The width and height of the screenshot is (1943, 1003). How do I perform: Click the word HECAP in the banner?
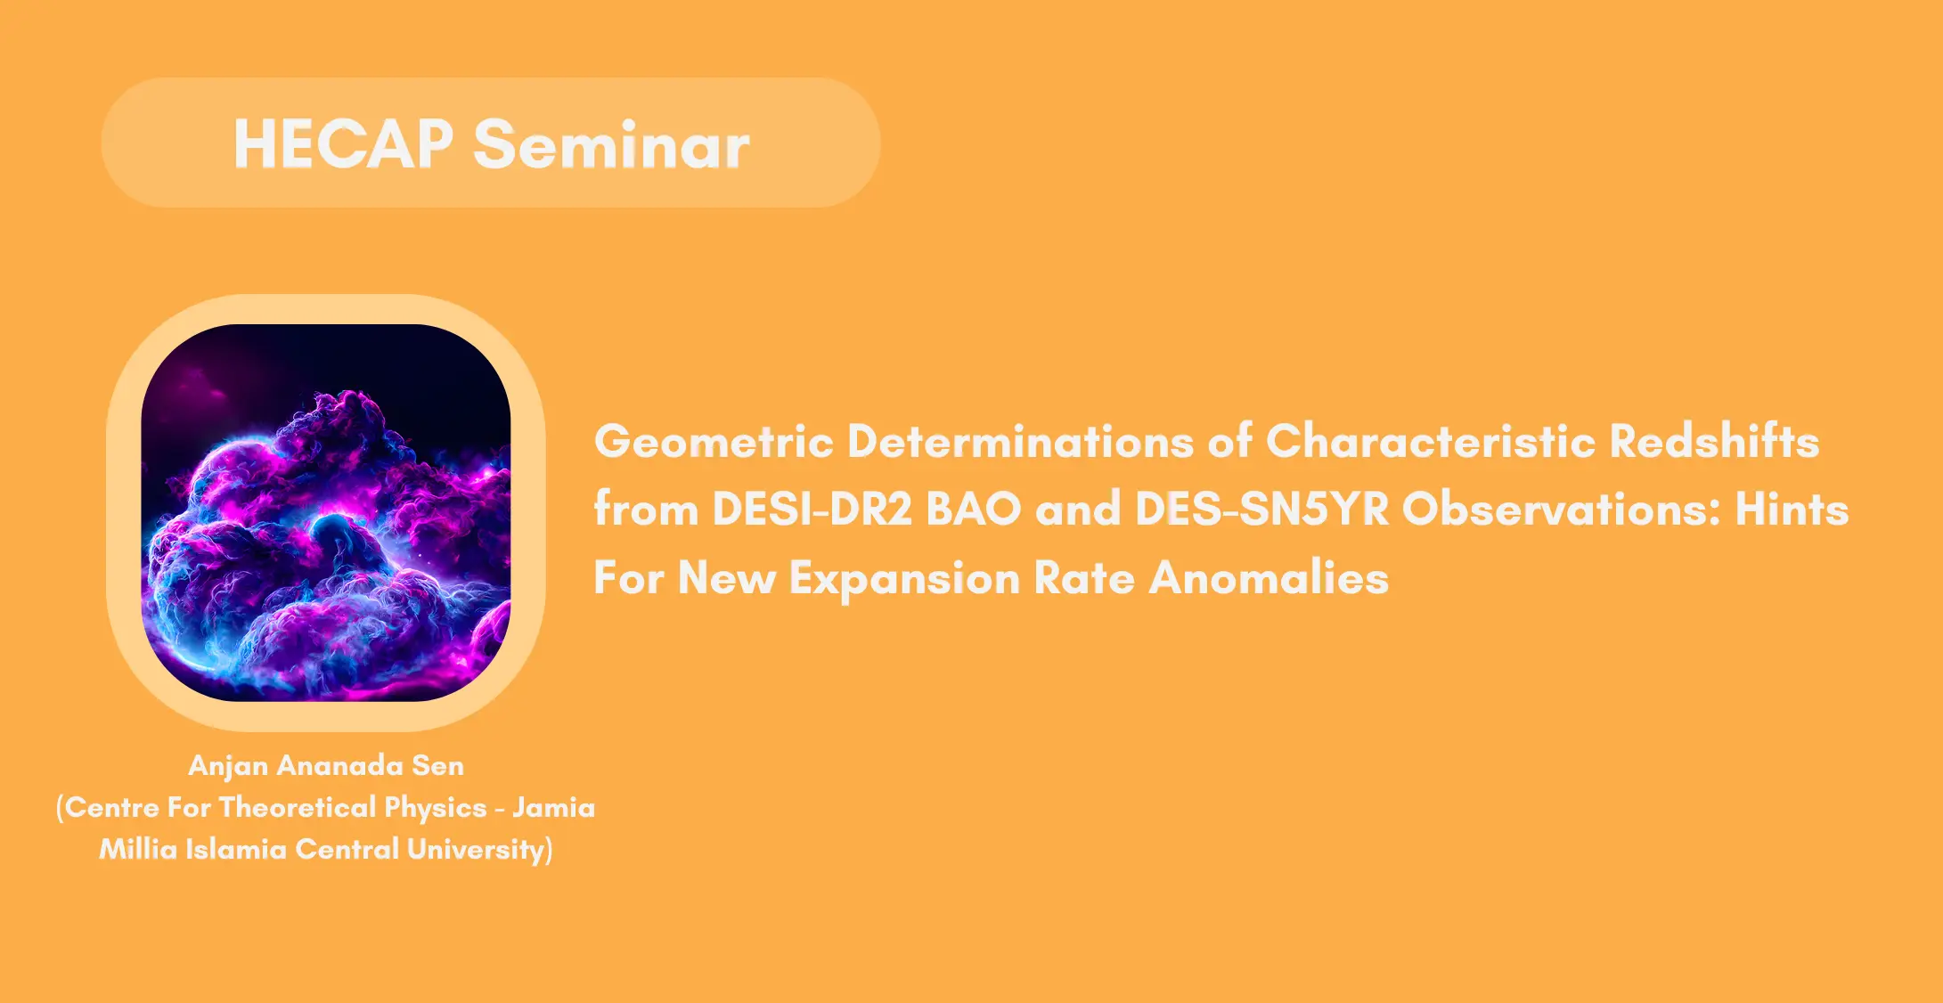pos(344,143)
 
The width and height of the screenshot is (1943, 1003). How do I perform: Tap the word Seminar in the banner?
pos(612,143)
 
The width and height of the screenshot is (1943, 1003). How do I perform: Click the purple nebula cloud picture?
pos(326,512)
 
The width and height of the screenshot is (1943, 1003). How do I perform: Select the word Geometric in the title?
pos(714,441)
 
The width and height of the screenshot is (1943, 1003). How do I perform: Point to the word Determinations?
pos(1020,441)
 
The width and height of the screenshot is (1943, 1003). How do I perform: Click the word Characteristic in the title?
pos(1431,441)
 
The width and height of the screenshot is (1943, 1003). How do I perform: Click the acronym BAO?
pos(974,510)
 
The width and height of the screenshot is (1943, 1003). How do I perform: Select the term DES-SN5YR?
pos(1261,510)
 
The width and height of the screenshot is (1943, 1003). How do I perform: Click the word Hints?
pos(1792,510)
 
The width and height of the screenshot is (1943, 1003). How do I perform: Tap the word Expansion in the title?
pos(904,579)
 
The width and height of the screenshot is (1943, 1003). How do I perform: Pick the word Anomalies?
pos(1269,578)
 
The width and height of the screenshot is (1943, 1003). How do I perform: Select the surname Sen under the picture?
pos(437,765)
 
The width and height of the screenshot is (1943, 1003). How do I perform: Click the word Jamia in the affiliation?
pos(553,807)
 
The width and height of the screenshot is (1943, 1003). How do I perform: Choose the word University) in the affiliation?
pos(479,850)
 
